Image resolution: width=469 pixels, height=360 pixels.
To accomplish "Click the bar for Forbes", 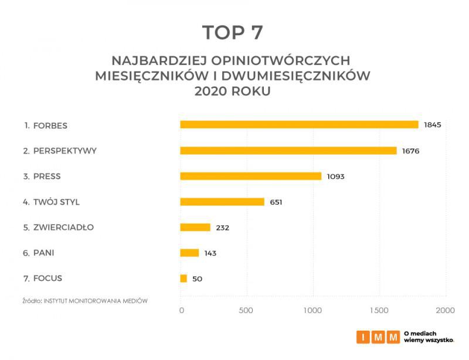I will (299, 124).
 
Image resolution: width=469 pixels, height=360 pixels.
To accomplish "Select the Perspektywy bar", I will (288, 151).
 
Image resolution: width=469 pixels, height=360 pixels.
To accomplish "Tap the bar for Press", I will (250, 176).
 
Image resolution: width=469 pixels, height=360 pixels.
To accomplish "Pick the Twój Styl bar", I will (222, 202).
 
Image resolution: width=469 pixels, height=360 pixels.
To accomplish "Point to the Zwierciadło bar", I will (195, 227).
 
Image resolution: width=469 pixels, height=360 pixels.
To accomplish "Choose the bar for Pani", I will (189, 253).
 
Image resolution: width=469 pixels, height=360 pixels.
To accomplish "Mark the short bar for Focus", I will (183, 279).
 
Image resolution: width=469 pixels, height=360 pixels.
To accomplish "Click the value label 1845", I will (432, 125).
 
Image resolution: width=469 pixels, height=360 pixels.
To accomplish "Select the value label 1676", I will (410, 151).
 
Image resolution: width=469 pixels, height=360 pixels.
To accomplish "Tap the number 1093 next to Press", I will (335, 176).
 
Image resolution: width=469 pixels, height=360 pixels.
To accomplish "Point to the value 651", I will (276, 202).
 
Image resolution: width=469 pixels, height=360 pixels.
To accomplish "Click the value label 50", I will (197, 279).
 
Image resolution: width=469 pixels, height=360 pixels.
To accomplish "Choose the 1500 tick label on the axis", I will (380, 310).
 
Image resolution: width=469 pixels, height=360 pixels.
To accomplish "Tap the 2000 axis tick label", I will (445, 310).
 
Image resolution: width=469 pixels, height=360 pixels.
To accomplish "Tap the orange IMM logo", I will (378, 337).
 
